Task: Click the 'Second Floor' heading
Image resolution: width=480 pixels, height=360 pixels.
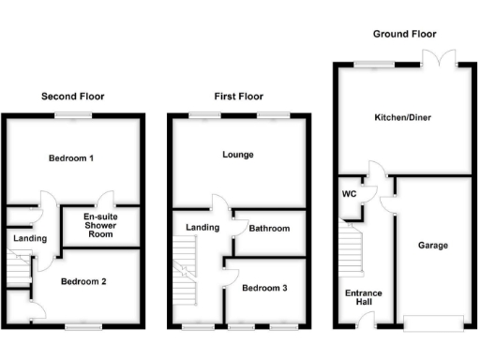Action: click(72, 96)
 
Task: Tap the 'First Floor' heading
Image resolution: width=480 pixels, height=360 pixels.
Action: click(237, 96)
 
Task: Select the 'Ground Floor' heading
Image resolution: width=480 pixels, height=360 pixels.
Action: click(404, 33)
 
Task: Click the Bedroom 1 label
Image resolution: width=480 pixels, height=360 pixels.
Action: click(71, 158)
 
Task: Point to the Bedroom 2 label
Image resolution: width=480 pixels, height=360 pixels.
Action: click(83, 280)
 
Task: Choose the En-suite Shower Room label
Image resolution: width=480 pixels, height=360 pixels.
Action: click(99, 225)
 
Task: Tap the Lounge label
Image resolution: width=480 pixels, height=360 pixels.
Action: click(238, 154)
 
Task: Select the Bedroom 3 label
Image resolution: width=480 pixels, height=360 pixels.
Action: click(264, 288)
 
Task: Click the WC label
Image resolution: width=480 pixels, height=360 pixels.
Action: click(350, 195)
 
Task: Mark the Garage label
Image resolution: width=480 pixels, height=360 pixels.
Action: click(433, 245)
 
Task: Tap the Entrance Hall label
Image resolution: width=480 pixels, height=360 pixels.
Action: click(364, 298)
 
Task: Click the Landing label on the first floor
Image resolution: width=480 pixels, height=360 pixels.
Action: click(202, 227)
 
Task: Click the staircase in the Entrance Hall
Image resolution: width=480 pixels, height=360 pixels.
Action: click(351, 254)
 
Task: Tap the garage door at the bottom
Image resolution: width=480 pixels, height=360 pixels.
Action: click(432, 324)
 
